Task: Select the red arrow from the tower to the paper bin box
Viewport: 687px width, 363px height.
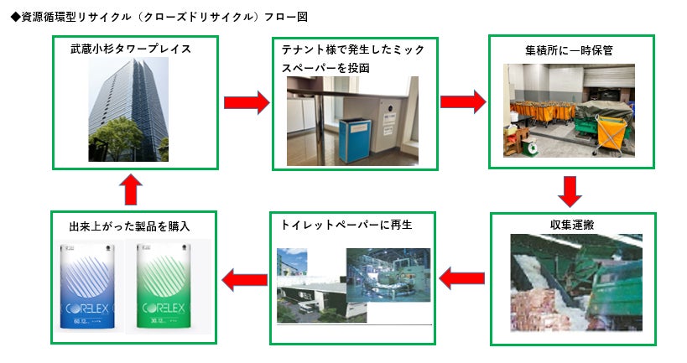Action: click(247, 102)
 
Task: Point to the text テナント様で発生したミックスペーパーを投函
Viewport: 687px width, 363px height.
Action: click(352, 59)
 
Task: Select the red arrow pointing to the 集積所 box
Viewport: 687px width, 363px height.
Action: click(463, 102)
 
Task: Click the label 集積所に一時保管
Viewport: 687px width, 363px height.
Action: click(568, 50)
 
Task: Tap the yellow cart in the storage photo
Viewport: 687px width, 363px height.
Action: click(617, 133)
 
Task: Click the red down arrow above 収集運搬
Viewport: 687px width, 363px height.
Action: click(570, 191)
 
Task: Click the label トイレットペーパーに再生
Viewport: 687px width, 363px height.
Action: click(347, 225)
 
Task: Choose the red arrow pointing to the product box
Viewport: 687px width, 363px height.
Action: click(244, 278)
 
